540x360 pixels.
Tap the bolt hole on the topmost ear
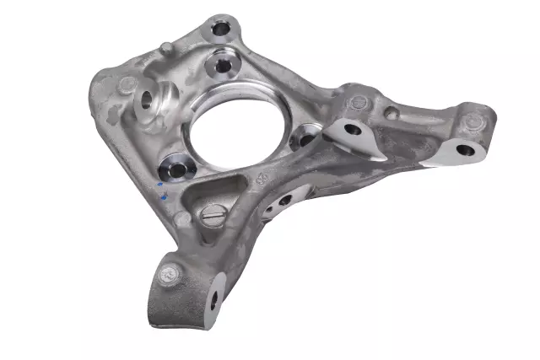221,29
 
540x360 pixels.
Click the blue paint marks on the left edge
162,190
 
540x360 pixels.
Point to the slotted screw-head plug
213,217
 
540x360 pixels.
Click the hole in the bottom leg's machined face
213,296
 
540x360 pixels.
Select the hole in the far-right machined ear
465,151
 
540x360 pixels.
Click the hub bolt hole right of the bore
305,139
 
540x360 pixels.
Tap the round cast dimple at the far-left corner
127,85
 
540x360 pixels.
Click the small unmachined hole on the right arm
391,113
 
